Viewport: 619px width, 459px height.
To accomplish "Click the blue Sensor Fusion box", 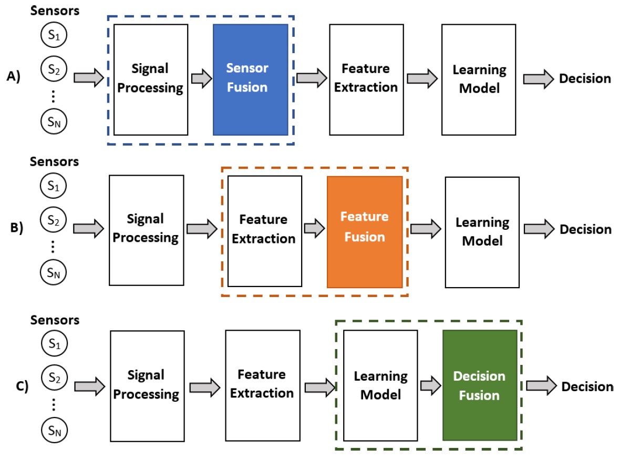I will [250, 79].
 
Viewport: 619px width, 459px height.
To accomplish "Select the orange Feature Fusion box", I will [365, 232].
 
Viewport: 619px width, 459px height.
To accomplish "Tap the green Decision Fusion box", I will [479, 385].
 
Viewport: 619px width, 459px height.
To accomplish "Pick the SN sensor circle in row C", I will [54, 432].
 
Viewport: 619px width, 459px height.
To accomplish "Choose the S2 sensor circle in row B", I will [54, 221].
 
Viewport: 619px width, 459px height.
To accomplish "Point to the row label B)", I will [17, 229].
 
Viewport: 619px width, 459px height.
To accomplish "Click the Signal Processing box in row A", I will [151, 79].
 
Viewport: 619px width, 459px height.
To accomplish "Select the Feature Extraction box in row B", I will [265, 231].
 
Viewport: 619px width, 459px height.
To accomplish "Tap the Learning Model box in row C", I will [380, 385].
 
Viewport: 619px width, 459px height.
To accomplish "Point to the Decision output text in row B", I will [585, 230].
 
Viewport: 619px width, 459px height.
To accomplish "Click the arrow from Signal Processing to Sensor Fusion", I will [200, 79].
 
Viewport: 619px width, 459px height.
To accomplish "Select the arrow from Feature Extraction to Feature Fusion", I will [314, 229].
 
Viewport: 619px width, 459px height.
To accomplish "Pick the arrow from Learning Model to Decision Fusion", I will [430, 385].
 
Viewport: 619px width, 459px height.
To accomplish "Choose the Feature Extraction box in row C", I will [262, 385].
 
